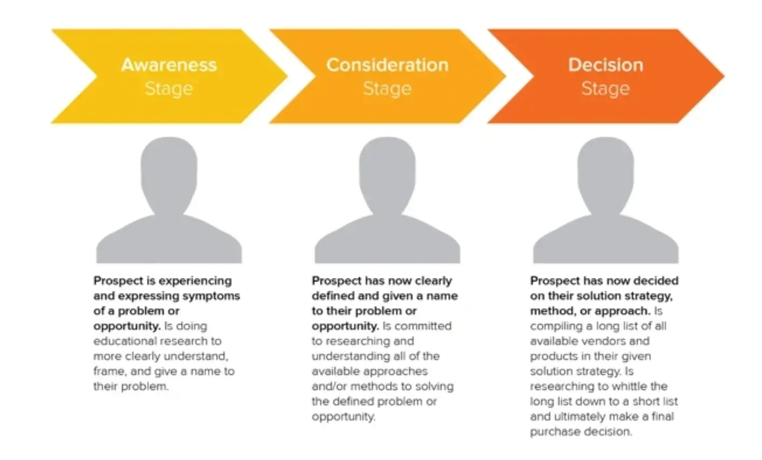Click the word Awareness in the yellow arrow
(x=169, y=65)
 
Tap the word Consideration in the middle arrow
(x=387, y=65)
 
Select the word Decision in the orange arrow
(x=606, y=65)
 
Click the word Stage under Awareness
(x=169, y=89)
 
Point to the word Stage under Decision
(x=606, y=89)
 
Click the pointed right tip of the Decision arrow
(x=724, y=76)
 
